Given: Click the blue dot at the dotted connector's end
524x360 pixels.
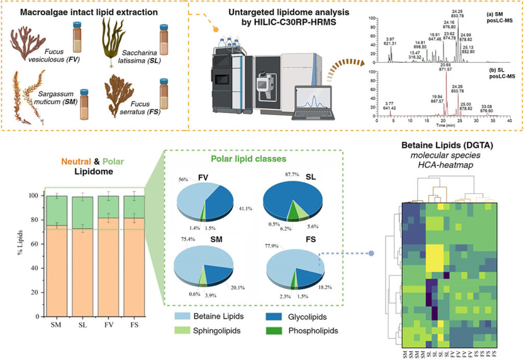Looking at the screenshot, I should (372, 253).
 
